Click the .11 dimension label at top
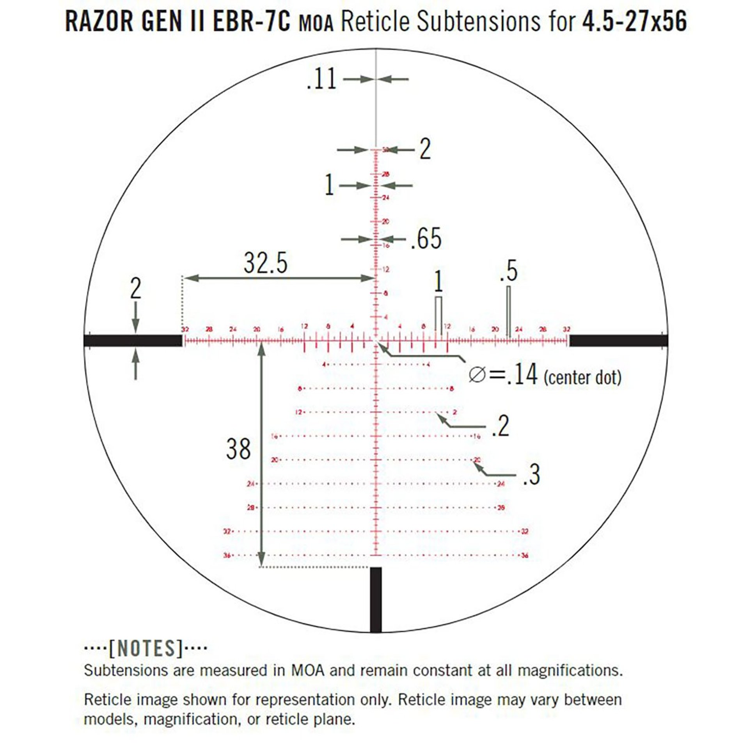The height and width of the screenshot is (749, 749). pos(321,80)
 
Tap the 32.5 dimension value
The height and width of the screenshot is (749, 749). pos(266,263)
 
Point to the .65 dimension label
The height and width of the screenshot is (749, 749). pos(426,239)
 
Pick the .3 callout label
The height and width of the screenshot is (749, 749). pos(531,474)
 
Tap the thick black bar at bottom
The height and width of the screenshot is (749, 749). pos(376,599)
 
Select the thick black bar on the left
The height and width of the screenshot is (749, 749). pos(133,341)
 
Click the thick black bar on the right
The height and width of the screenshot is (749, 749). pos(618,341)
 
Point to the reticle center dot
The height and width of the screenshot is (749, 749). pos(376,341)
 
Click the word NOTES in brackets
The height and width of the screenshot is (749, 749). pos(146,648)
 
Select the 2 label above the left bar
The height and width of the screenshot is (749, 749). pos(135,289)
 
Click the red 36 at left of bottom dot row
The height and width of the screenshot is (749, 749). pos(227,555)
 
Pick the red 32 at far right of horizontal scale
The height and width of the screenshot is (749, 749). pos(566,329)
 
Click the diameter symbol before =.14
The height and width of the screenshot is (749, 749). pos(477,375)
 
